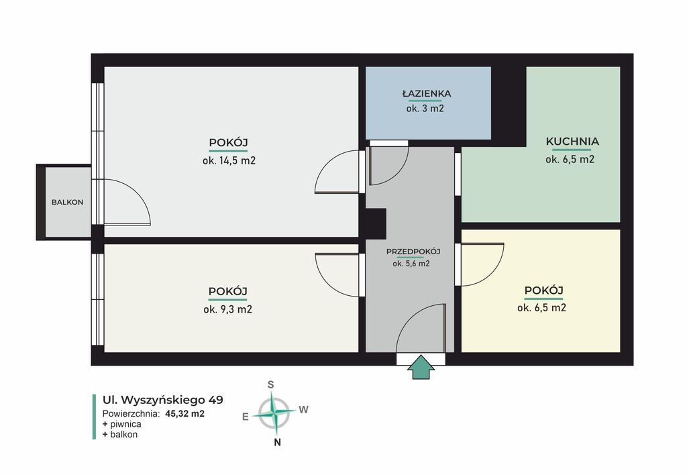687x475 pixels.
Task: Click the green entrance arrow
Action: point(421,367)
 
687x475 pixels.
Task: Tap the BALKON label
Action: point(68,203)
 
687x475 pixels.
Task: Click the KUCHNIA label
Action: point(572,142)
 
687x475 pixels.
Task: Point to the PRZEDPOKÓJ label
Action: point(413,252)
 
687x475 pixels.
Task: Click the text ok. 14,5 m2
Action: point(229,161)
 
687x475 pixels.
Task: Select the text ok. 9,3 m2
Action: point(228,309)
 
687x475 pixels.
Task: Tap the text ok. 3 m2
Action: point(425,108)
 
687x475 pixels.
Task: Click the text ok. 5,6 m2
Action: point(411,264)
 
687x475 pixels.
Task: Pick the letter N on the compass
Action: point(277,442)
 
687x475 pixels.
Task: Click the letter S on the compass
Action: point(271,384)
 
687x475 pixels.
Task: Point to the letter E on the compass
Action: point(246,417)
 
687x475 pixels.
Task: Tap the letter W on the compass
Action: point(304,410)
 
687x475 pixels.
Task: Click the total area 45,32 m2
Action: point(185,413)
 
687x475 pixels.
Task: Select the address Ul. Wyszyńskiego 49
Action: point(162,400)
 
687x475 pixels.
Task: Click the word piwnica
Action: point(125,424)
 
